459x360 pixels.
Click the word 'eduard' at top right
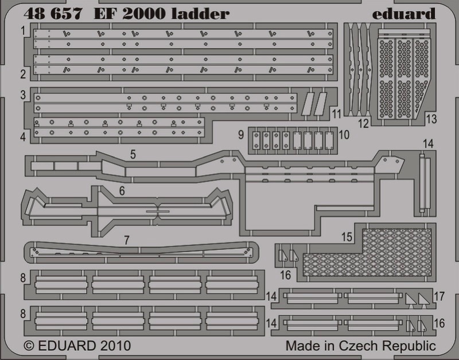[x=404, y=14]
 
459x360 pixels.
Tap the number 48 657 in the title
[x=53, y=14]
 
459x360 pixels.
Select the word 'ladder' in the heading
[x=200, y=14]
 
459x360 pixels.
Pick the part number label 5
[x=133, y=154]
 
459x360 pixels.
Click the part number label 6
[x=122, y=191]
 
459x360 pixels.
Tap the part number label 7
[x=126, y=240]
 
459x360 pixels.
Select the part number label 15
[x=347, y=237]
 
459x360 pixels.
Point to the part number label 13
[x=431, y=119]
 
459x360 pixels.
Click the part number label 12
[x=363, y=123]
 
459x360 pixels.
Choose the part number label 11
[x=337, y=114]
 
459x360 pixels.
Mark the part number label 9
[x=241, y=135]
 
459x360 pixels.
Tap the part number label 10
[x=344, y=135]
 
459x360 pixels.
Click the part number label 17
[x=439, y=296]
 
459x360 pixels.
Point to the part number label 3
[x=23, y=95]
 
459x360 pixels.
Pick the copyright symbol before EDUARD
[x=29, y=346]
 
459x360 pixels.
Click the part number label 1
[x=23, y=31]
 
